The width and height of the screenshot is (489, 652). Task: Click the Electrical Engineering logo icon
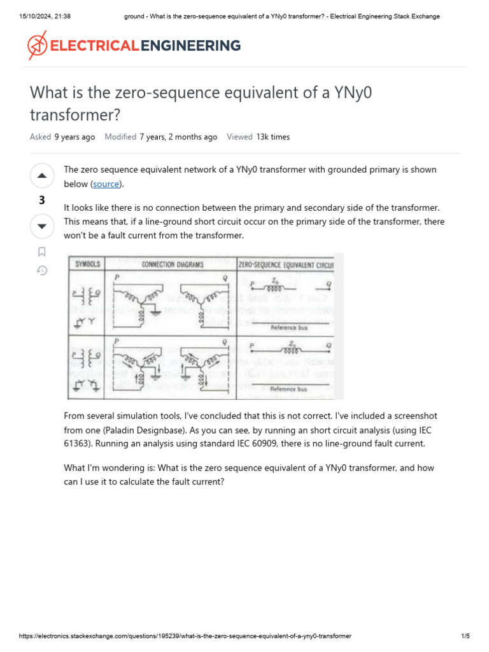click(x=37, y=46)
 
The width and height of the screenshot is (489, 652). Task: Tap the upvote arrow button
click(x=41, y=175)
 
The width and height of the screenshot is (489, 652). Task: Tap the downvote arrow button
click(x=41, y=226)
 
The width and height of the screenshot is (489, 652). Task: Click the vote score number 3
click(x=41, y=201)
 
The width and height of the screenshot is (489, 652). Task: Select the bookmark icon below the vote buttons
click(x=41, y=252)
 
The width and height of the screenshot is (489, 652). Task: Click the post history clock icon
click(x=41, y=271)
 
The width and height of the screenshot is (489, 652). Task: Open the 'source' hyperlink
click(x=106, y=184)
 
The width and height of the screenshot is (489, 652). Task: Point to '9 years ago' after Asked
click(x=74, y=137)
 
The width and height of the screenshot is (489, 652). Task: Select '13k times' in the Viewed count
click(x=273, y=137)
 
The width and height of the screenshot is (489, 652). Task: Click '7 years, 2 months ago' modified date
click(x=178, y=137)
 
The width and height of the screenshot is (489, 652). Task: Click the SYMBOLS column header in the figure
click(x=88, y=264)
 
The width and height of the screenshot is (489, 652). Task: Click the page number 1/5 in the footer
click(x=465, y=636)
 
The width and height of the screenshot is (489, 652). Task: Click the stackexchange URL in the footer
click(x=185, y=636)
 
